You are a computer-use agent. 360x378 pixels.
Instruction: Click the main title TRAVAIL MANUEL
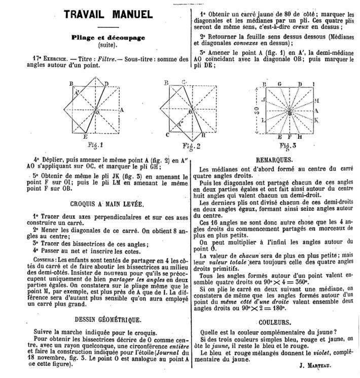tap(108, 15)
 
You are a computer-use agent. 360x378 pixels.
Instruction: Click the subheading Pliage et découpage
tap(108, 37)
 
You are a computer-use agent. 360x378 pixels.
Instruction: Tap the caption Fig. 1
tap(95, 146)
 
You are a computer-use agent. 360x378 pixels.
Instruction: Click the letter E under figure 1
tap(86, 137)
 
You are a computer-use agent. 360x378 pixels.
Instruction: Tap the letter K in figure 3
tap(316, 120)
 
